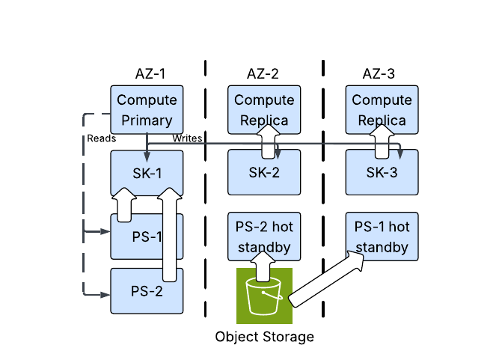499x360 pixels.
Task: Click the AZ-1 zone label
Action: (x=150, y=74)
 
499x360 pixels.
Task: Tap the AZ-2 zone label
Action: (x=263, y=74)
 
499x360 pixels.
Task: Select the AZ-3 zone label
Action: (x=379, y=74)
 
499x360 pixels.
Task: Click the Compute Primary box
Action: (x=147, y=109)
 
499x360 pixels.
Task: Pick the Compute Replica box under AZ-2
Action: (x=264, y=109)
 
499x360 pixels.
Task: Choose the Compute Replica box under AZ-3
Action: (x=382, y=109)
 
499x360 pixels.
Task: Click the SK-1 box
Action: (x=147, y=173)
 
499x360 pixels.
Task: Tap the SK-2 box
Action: (x=264, y=172)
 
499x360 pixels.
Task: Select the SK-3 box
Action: (x=382, y=172)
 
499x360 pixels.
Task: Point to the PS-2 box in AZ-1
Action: (x=147, y=291)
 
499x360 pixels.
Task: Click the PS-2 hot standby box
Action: (x=264, y=237)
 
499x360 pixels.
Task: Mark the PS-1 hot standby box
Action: (x=382, y=237)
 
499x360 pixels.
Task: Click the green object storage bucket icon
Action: (x=264, y=296)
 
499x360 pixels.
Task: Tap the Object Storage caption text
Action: (x=264, y=337)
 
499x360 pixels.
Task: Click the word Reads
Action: (x=102, y=138)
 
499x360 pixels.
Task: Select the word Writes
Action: (x=187, y=138)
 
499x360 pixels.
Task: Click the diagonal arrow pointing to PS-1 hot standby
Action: (x=326, y=279)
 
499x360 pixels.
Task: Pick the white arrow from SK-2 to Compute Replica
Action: (x=268, y=141)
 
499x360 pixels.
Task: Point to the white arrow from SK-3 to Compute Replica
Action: (x=382, y=141)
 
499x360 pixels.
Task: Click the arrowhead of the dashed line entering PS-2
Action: (x=105, y=295)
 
